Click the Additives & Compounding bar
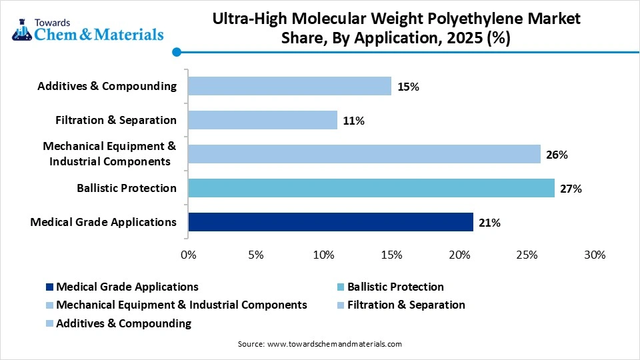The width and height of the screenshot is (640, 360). [x=289, y=86]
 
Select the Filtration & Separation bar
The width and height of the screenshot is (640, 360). [x=263, y=120]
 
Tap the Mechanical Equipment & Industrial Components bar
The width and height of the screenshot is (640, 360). [x=364, y=154]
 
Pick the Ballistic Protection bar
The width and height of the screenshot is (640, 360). [x=371, y=188]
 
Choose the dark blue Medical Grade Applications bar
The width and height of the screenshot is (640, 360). [x=331, y=222]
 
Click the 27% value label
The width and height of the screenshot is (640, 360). [x=571, y=189]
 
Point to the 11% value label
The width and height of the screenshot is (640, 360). [x=354, y=121]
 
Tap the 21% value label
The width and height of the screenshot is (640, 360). [x=490, y=223]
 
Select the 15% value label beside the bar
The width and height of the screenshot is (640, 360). [x=408, y=87]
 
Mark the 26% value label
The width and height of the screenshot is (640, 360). [x=557, y=155]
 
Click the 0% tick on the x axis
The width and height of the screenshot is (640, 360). [x=189, y=255]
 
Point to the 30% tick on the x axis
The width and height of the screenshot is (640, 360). [x=594, y=255]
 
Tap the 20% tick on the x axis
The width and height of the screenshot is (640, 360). [x=459, y=255]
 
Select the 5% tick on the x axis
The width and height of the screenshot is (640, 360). [x=256, y=255]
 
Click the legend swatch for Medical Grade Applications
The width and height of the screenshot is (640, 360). [x=50, y=287]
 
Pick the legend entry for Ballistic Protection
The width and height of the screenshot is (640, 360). [x=395, y=287]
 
